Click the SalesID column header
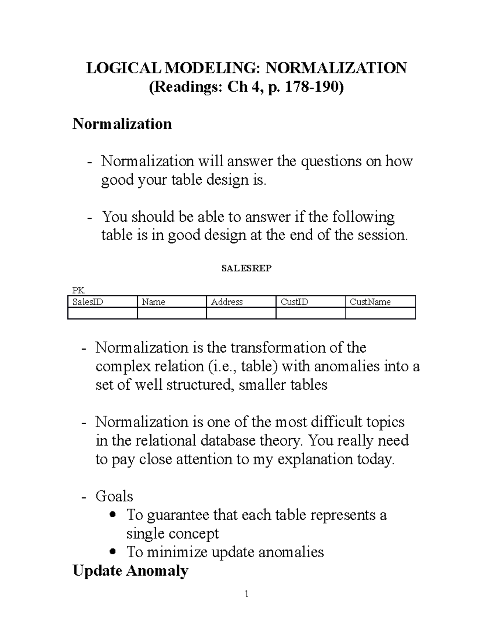point(88,302)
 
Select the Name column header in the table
point(153,302)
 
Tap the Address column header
point(227,302)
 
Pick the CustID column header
point(294,302)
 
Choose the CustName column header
point(370,302)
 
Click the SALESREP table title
point(246,268)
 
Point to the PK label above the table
point(78,291)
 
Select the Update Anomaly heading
point(130,571)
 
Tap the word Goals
point(114,496)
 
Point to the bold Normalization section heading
point(122,124)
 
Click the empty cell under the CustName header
point(380,314)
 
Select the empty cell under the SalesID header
point(102,314)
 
